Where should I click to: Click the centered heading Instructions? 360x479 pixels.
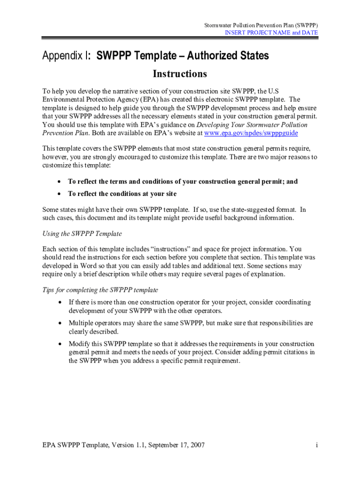click(180, 74)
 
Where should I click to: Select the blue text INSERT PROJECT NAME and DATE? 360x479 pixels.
click(271, 33)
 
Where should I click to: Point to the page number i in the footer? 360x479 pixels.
click(317, 445)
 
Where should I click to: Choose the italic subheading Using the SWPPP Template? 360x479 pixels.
click(82, 233)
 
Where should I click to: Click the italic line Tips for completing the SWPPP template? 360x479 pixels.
click(100, 290)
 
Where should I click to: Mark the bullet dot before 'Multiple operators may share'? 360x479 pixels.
click(60, 323)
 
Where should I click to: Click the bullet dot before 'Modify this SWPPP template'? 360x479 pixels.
click(60, 344)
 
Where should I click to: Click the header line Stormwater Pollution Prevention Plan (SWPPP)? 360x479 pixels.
click(261, 25)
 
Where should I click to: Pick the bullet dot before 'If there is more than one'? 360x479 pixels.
click(60, 303)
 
